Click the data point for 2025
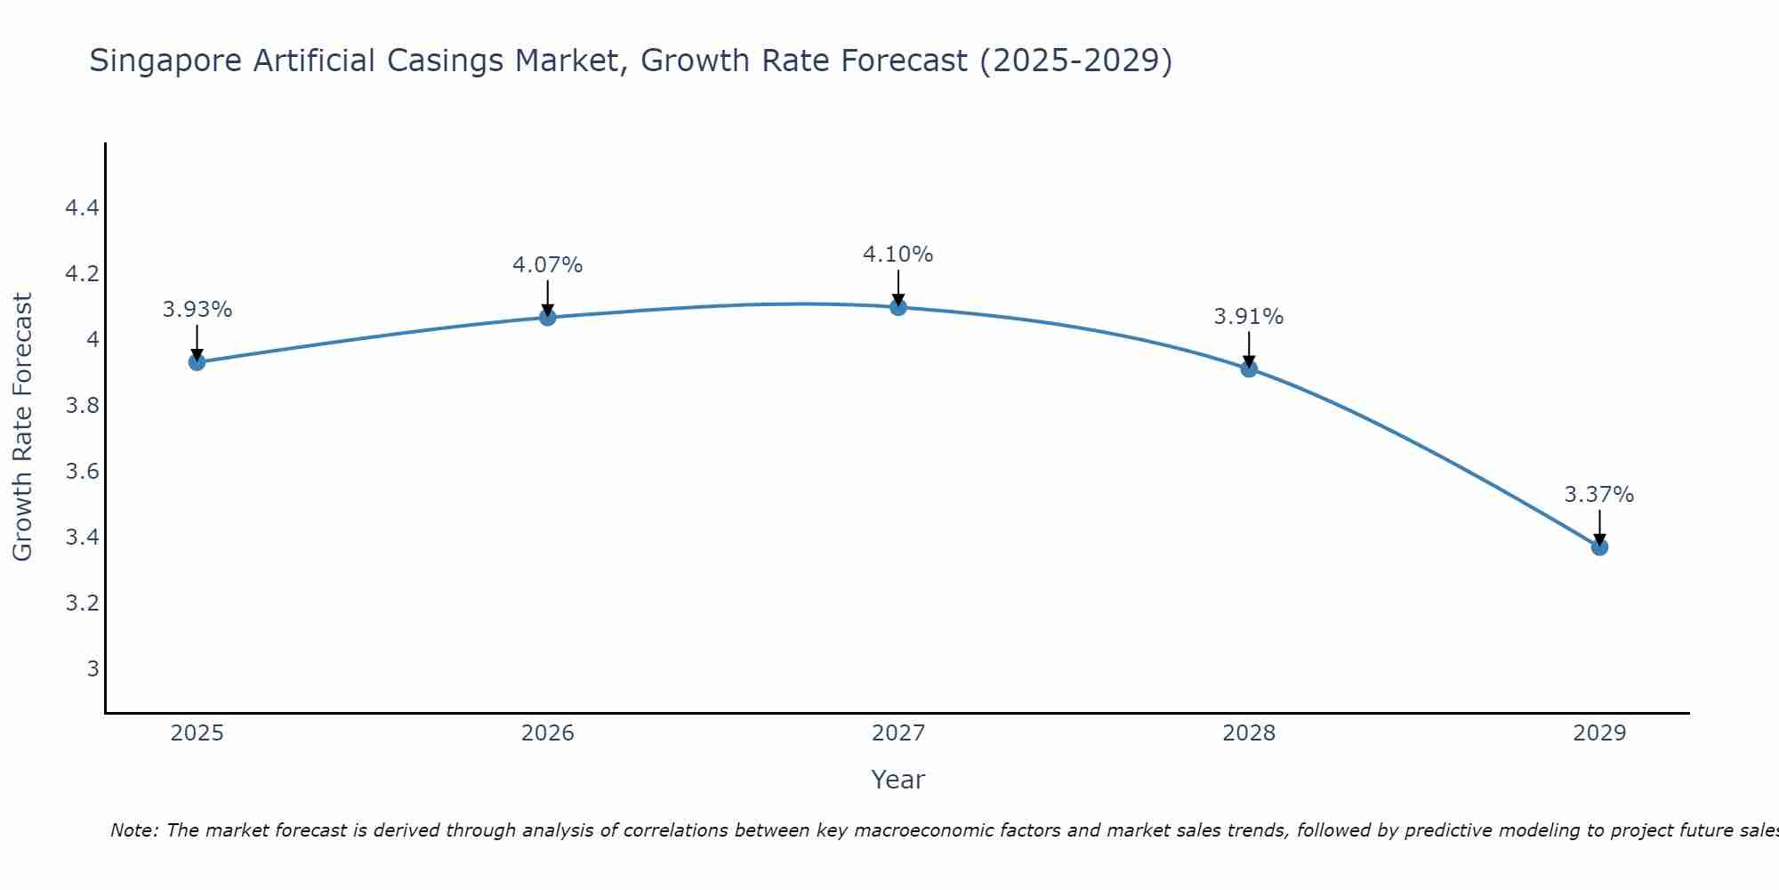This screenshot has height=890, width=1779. pos(197,361)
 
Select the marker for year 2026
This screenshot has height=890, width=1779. pos(548,317)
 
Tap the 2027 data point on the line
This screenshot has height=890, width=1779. pos(898,307)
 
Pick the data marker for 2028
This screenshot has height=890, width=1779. pos(1249,368)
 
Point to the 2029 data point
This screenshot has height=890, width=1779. pos(1599,546)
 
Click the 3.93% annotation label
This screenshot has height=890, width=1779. pos(197,310)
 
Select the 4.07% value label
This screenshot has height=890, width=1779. pos(548,265)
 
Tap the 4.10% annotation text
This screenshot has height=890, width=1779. pos(898,255)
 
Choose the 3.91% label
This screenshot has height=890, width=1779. pos(1249,317)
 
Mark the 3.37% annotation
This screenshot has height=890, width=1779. pos(1599,495)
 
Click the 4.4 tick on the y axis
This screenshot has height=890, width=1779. pos(82,208)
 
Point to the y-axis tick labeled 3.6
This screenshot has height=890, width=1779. pos(82,472)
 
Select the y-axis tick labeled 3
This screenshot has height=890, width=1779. pos(93,668)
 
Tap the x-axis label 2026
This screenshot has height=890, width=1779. pos(548,733)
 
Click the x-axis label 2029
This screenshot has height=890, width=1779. pos(1599,733)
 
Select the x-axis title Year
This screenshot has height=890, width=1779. pos(898,780)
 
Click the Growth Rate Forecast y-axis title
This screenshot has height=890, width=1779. pos(22,427)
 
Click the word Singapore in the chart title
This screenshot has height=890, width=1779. pos(165,61)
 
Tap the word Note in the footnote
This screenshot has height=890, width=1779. pos(133,830)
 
